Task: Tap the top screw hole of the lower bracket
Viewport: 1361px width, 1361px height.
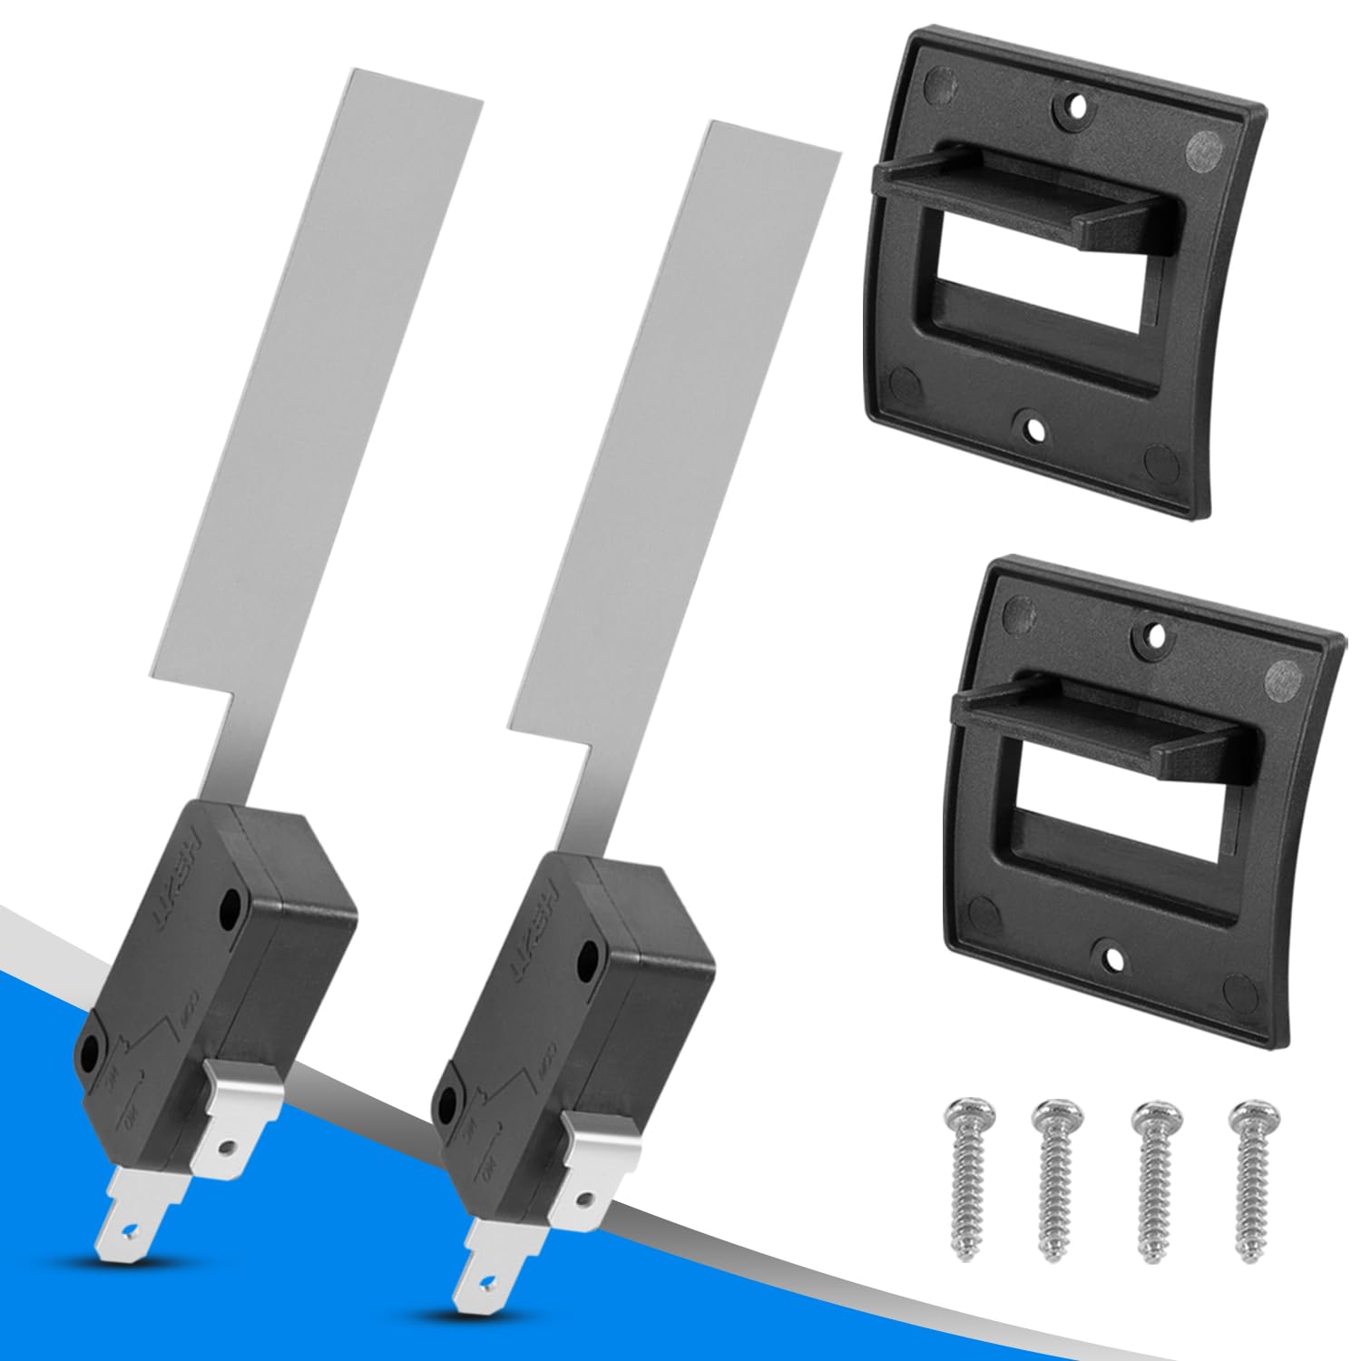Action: coord(1154,631)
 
